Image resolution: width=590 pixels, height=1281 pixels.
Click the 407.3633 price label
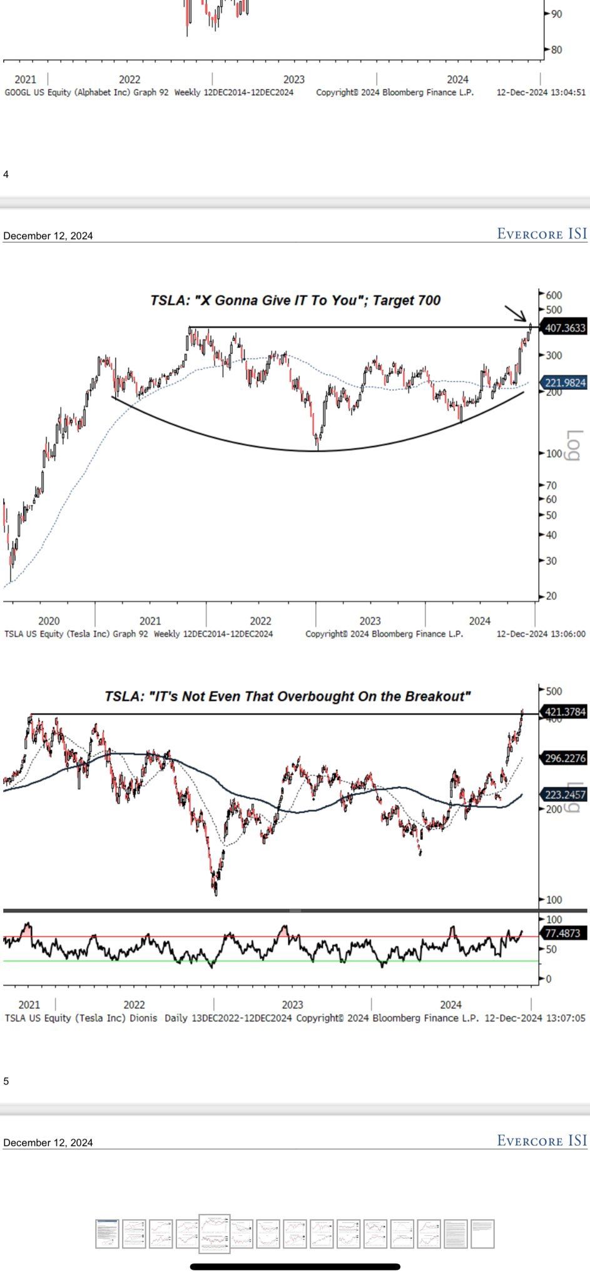[565, 328]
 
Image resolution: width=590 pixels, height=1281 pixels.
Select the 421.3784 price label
[565, 712]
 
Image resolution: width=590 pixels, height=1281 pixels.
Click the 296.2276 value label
[565, 758]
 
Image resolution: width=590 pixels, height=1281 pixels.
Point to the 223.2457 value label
[565, 794]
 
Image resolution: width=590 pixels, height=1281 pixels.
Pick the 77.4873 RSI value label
[562, 933]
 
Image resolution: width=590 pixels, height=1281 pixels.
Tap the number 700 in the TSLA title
[428, 300]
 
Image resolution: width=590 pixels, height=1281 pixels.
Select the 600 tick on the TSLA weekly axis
[554, 295]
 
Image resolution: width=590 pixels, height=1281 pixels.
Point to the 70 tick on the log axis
[551, 485]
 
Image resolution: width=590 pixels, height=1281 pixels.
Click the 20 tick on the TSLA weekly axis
[551, 596]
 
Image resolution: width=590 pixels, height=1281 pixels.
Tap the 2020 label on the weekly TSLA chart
[49, 621]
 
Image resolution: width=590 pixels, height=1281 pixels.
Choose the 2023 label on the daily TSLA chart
[292, 1005]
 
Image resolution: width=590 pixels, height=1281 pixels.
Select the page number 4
[6, 174]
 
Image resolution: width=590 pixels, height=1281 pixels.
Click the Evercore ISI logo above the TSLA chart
[542, 234]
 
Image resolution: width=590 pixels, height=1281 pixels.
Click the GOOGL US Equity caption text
[86, 93]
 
